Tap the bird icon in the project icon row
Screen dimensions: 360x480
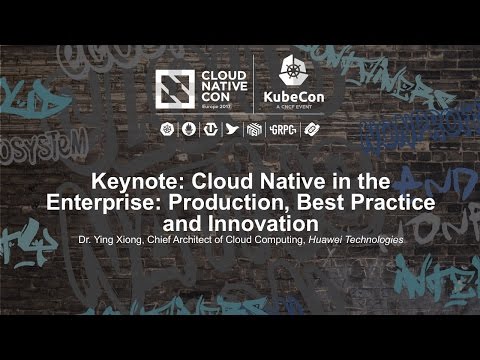233,129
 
